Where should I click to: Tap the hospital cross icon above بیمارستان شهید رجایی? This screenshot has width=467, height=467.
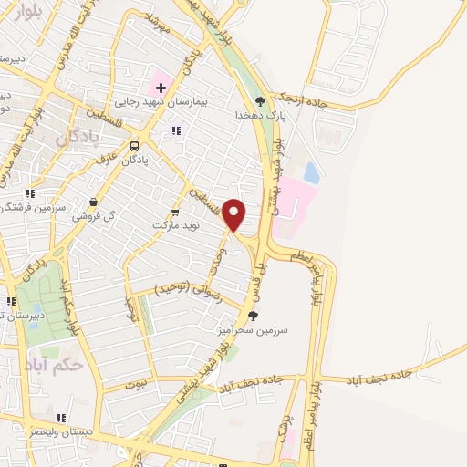click(161, 88)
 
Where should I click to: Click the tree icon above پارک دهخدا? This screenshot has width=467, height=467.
click(261, 102)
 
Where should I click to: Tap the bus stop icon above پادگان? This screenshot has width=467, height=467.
click(135, 145)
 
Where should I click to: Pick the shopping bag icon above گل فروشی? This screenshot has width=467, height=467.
click(93, 202)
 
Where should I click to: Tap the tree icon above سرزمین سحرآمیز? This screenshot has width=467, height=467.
click(253, 316)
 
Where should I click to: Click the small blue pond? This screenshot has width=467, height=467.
click(312, 171)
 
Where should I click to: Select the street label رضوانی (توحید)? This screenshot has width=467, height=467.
click(186, 288)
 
